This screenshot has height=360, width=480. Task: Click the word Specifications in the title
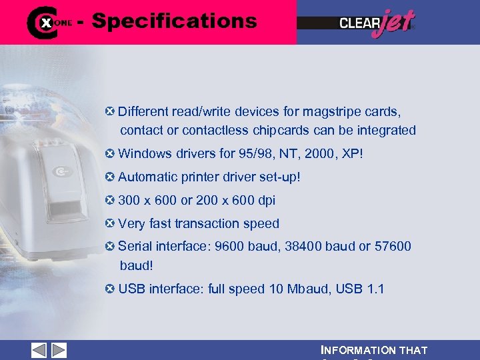(x=174, y=21)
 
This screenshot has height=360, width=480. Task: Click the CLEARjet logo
(x=377, y=23)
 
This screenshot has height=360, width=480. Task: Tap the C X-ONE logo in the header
(x=49, y=22)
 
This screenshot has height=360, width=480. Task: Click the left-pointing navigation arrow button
(x=39, y=351)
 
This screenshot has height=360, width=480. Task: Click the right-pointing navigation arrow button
(x=59, y=351)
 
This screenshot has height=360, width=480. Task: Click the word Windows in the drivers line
(x=143, y=154)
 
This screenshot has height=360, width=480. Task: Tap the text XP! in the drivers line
(x=352, y=154)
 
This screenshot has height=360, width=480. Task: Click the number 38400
(x=303, y=247)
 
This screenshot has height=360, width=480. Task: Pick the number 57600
(x=393, y=247)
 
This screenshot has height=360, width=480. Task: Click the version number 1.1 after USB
(x=375, y=289)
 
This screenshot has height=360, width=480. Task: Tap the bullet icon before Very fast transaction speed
(x=110, y=223)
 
